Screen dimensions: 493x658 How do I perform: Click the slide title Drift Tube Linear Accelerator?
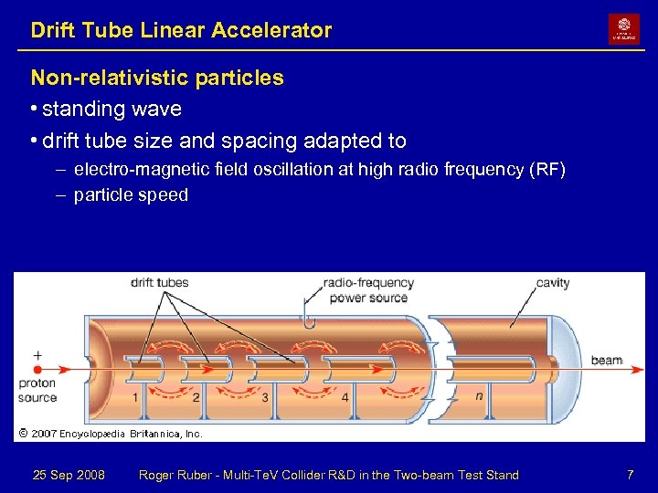[x=181, y=30]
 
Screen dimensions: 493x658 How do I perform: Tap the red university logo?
[x=624, y=28]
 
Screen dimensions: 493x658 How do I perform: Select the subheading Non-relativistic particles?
[x=157, y=79]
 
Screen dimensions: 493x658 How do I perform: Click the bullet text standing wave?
[x=111, y=110]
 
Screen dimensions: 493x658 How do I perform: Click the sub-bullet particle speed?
[x=131, y=194]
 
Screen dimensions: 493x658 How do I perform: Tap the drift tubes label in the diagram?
[x=159, y=283]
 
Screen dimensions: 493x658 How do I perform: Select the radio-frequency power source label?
[x=368, y=290]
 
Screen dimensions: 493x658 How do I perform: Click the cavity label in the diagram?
[x=553, y=283]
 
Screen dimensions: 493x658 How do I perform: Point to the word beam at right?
[x=606, y=361]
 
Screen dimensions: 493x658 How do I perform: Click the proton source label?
[x=37, y=390]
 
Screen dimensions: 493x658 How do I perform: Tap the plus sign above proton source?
[x=37, y=355]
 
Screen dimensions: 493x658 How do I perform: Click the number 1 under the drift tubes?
[x=135, y=397]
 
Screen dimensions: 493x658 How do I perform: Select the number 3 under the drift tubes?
[x=265, y=397]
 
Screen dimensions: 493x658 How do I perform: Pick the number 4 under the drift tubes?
[x=345, y=397]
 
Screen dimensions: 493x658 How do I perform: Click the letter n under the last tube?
[x=479, y=396]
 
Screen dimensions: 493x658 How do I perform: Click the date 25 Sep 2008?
[x=69, y=475]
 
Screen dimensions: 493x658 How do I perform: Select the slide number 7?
[x=630, y=475]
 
